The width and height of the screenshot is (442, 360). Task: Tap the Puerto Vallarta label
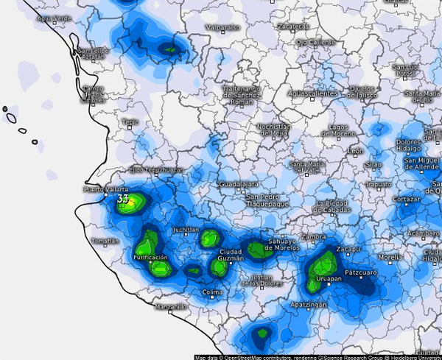click(x=105, y=190)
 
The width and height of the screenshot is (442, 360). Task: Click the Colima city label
click(x=212, y=292)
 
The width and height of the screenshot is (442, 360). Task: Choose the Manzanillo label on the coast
click(x=170, y=306)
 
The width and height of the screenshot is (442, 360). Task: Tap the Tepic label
click(x=130, y=122)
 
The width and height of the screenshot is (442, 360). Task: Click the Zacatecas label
click(x=292, y=26)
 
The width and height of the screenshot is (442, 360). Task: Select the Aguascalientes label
click(x=313, y=94)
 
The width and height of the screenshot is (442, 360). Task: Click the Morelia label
click(x=390, y=258)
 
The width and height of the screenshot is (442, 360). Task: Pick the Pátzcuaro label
click(x=361, y=272)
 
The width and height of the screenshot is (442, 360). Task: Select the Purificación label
click(x=150, y=258)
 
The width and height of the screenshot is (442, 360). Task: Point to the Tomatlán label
click(x=104, y=241)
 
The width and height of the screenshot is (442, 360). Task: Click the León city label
click(x=356, y=151)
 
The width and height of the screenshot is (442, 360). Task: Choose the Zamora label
click(x=312, y=237)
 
